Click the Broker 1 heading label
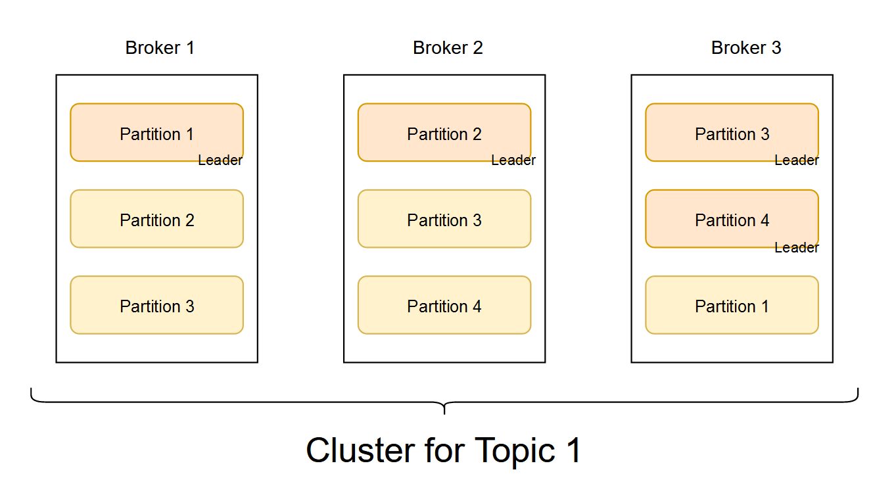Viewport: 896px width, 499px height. click(160, 48)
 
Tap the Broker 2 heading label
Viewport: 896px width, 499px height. click(448, 48)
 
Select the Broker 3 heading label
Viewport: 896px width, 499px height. click(746, 48)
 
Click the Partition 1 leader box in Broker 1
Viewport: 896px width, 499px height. click(156, 132)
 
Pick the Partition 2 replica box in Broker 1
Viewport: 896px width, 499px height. click(156, 219)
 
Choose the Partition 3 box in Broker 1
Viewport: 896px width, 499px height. click(156, 305)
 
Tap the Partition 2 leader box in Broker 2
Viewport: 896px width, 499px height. click(444, 132)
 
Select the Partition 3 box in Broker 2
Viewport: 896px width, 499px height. click(444, 219)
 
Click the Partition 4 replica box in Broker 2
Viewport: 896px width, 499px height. click(444, 305)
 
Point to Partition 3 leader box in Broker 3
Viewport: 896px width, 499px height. click(732, 132)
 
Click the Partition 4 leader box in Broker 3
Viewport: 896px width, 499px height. click(732, 219)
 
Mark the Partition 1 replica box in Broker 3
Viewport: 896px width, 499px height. click(732, 305)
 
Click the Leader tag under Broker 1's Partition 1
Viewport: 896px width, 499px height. click(220, 160)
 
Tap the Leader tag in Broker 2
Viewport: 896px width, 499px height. click(513, 160)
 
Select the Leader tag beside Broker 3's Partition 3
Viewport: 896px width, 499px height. click(797, 160)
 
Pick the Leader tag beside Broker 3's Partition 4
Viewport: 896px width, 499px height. click(797, 248)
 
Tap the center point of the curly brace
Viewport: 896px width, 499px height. click(444, 408)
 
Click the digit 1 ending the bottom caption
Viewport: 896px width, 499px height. click(574, 451)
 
